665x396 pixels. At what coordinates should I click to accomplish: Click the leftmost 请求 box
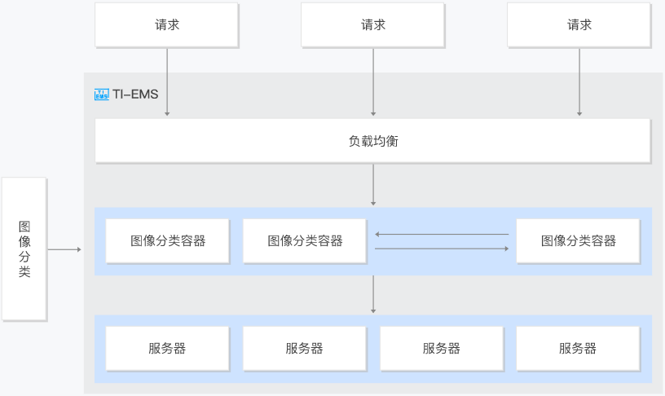167,25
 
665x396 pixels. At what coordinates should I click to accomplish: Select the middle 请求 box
372,25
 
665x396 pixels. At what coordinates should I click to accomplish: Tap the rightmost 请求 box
579,25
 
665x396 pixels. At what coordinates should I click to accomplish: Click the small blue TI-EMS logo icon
101,95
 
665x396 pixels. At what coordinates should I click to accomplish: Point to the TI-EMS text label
135,95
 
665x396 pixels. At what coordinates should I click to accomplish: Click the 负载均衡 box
372,141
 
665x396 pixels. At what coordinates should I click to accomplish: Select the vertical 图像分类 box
24,249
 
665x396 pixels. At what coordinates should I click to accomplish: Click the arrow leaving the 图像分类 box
64,249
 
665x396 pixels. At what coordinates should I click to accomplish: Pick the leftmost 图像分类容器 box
168,241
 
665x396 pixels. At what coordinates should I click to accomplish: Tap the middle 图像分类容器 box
305,241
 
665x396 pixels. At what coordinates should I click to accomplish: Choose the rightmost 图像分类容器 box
578,241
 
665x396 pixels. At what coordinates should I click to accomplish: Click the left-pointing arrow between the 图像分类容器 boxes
442,234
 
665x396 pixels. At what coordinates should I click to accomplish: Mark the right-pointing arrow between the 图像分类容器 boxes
442,249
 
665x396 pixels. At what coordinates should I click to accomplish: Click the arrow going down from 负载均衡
373,185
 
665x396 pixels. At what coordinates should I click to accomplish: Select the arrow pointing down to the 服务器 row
373,295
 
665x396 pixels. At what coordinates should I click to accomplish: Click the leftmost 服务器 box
168,349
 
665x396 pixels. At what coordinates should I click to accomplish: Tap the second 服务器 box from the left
305,349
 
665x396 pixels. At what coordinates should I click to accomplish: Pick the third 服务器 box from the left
442,349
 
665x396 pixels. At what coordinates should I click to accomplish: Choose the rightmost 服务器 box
578,349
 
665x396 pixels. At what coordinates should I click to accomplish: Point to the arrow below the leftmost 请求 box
167,82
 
